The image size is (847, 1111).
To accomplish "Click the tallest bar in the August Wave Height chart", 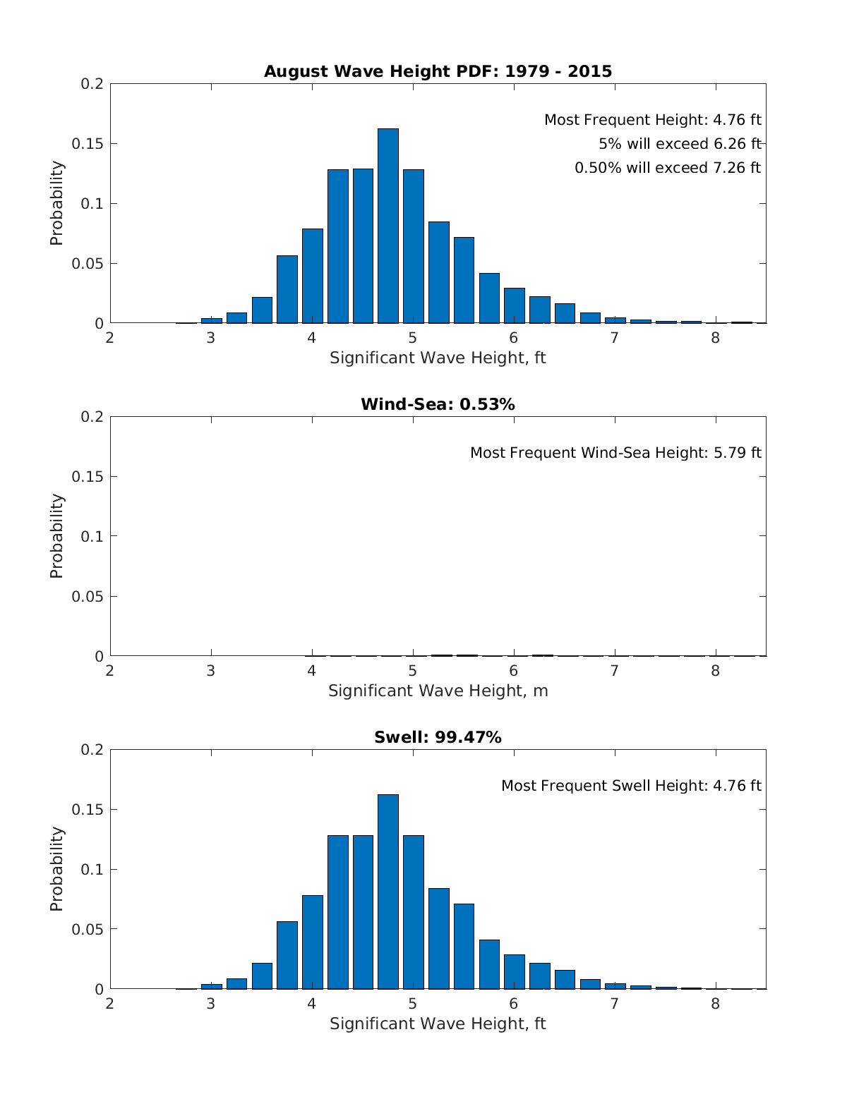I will pyautogui.click(x=388, y=226).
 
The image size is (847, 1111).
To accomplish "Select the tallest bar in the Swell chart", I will pyautogui.click(x=388, y=892).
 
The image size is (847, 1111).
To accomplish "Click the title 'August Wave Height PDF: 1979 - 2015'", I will pyautogui.click(x=438, y=71).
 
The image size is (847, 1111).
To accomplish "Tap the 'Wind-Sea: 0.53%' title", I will pyautogui.click(x=438, y=404).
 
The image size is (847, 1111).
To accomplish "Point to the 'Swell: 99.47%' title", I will pyautogui.click(x=438, y=737).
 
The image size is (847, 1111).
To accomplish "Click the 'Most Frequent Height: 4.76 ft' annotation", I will pyautogui.click(x=652, y=120).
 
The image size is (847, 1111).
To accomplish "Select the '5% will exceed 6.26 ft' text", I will pyautogui.click(x=680, y=144).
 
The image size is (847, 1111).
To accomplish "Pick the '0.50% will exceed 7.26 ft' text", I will pyautogui.click(x=667, y=168).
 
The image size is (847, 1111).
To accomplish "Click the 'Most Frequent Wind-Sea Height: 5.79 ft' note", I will pyautogui.click(x=615, y=453).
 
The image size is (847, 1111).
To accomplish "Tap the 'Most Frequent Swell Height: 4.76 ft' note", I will pyautogui.click(x=631, y=786).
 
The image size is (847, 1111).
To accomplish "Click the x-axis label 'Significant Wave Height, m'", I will pyautogui.click(x=438, y=691).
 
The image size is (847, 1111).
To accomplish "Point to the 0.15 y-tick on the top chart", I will pyautogui.click(x=88, y=144).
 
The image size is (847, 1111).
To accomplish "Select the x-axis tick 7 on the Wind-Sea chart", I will pyautogui.click(x=615, y=670).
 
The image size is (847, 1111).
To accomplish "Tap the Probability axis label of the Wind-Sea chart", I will pyautogui.click(x=56, y=536).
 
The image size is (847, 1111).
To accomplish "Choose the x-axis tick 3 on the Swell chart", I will pyautogui.click(x=211, y=1003).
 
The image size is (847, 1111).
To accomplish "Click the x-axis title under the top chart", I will pyautogui.click(x=438, y=358).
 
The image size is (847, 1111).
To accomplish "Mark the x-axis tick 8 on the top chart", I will pyautogui.click(x=716, y=337).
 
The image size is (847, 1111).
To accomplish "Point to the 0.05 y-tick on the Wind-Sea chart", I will pyautogui.click(x=88, y=596).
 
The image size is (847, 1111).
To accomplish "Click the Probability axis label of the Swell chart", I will pyautogui.click(x=56, y=869).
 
